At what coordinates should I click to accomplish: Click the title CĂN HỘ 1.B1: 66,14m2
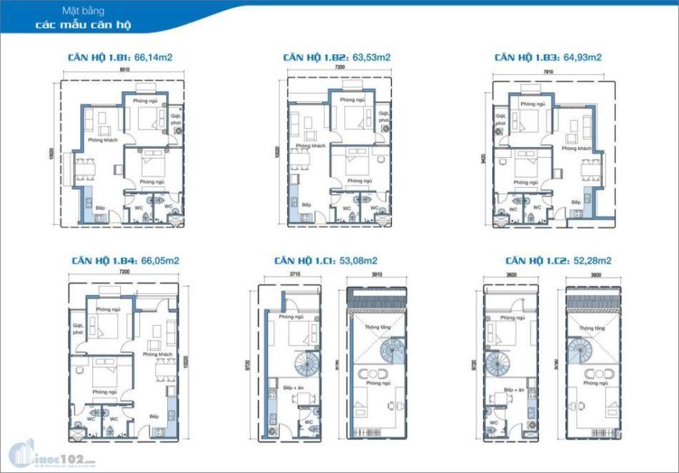tap(119, 57)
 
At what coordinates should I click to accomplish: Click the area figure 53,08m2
tap(355, 261)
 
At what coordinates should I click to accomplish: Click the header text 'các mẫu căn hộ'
tap(83, 25)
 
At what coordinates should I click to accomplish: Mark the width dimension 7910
tap(547, 71)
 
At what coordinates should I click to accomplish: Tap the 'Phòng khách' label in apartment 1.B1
tap(102, 140)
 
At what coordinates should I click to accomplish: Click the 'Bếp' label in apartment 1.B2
tap(307, 204)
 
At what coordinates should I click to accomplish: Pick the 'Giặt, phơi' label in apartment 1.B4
tap(79, 329)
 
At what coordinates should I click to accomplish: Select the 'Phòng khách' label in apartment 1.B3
tap(576, 149)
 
